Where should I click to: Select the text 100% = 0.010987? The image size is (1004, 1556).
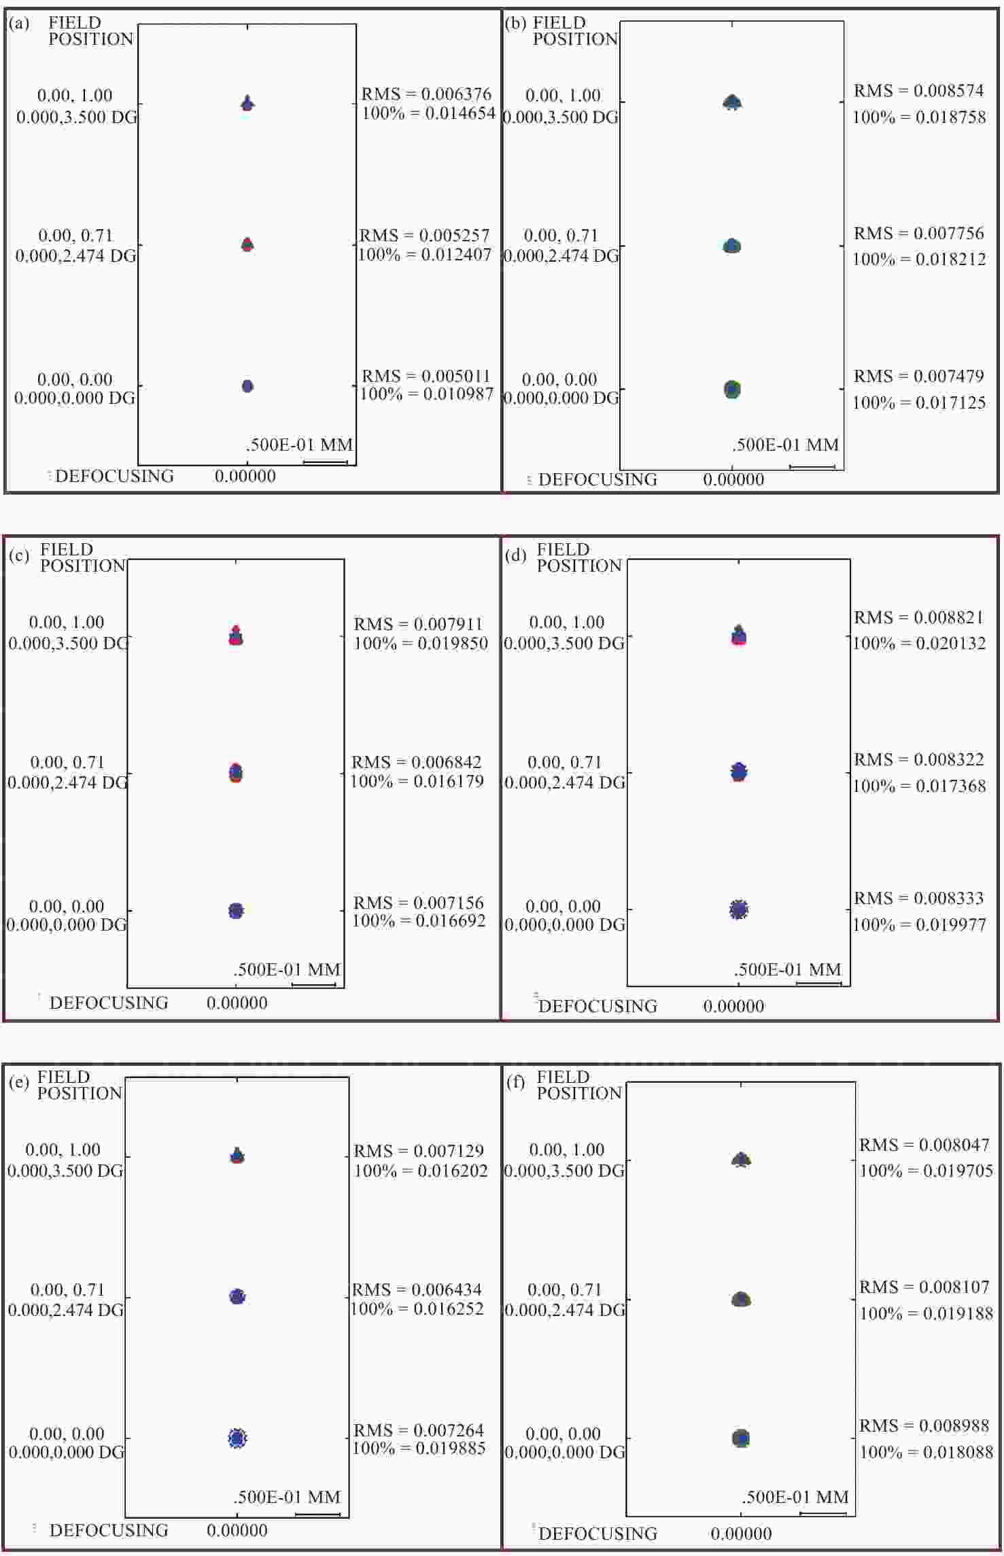pyautogui.click(x=426, y=394)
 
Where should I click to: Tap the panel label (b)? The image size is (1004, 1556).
pyautogui.click(x=515, y=24)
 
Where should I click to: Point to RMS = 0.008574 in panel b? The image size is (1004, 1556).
pyautogui.click(x=918, y=91)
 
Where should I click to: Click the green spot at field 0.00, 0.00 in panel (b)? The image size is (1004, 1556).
pyautogui.click(x=731, y=390)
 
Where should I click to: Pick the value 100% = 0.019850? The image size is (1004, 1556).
pyautogui.click(x=421, y=643)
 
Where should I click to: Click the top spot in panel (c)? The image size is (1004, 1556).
pyautogui.click(x=236, y=636)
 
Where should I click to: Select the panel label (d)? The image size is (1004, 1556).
pyautogui.click(x=516, y=555)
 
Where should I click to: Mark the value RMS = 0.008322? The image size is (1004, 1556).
pyautogui.click(x=918, y=759)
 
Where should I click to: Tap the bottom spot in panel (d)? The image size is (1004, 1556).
pyautogui.click(x=738, y=910)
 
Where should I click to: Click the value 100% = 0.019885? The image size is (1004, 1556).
pyautogui.click(x=419, y=1449)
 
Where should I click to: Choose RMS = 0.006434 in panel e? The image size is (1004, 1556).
pyautogui.click(x=417, y=1290)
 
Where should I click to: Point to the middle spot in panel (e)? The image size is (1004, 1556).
pyautogui.click(x=237, y=1296)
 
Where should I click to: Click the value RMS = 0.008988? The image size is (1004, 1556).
pyautogui.click(x=924, y=1425)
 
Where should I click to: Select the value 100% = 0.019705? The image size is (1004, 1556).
pyautogui.click(x=927, y=1171)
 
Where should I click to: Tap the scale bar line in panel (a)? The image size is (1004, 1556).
pyautogui.click(x=325, y=463)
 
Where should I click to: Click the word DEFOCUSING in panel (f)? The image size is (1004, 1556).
pyautogui.click(x=598, y=1534)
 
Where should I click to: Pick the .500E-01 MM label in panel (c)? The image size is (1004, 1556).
pyautogui.click(x=287, y=969)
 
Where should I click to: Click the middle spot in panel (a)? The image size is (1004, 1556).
pyautogui.click(x=247, y=245)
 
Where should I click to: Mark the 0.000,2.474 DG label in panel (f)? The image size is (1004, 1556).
pyautogui.click(x=564, y=1310)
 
